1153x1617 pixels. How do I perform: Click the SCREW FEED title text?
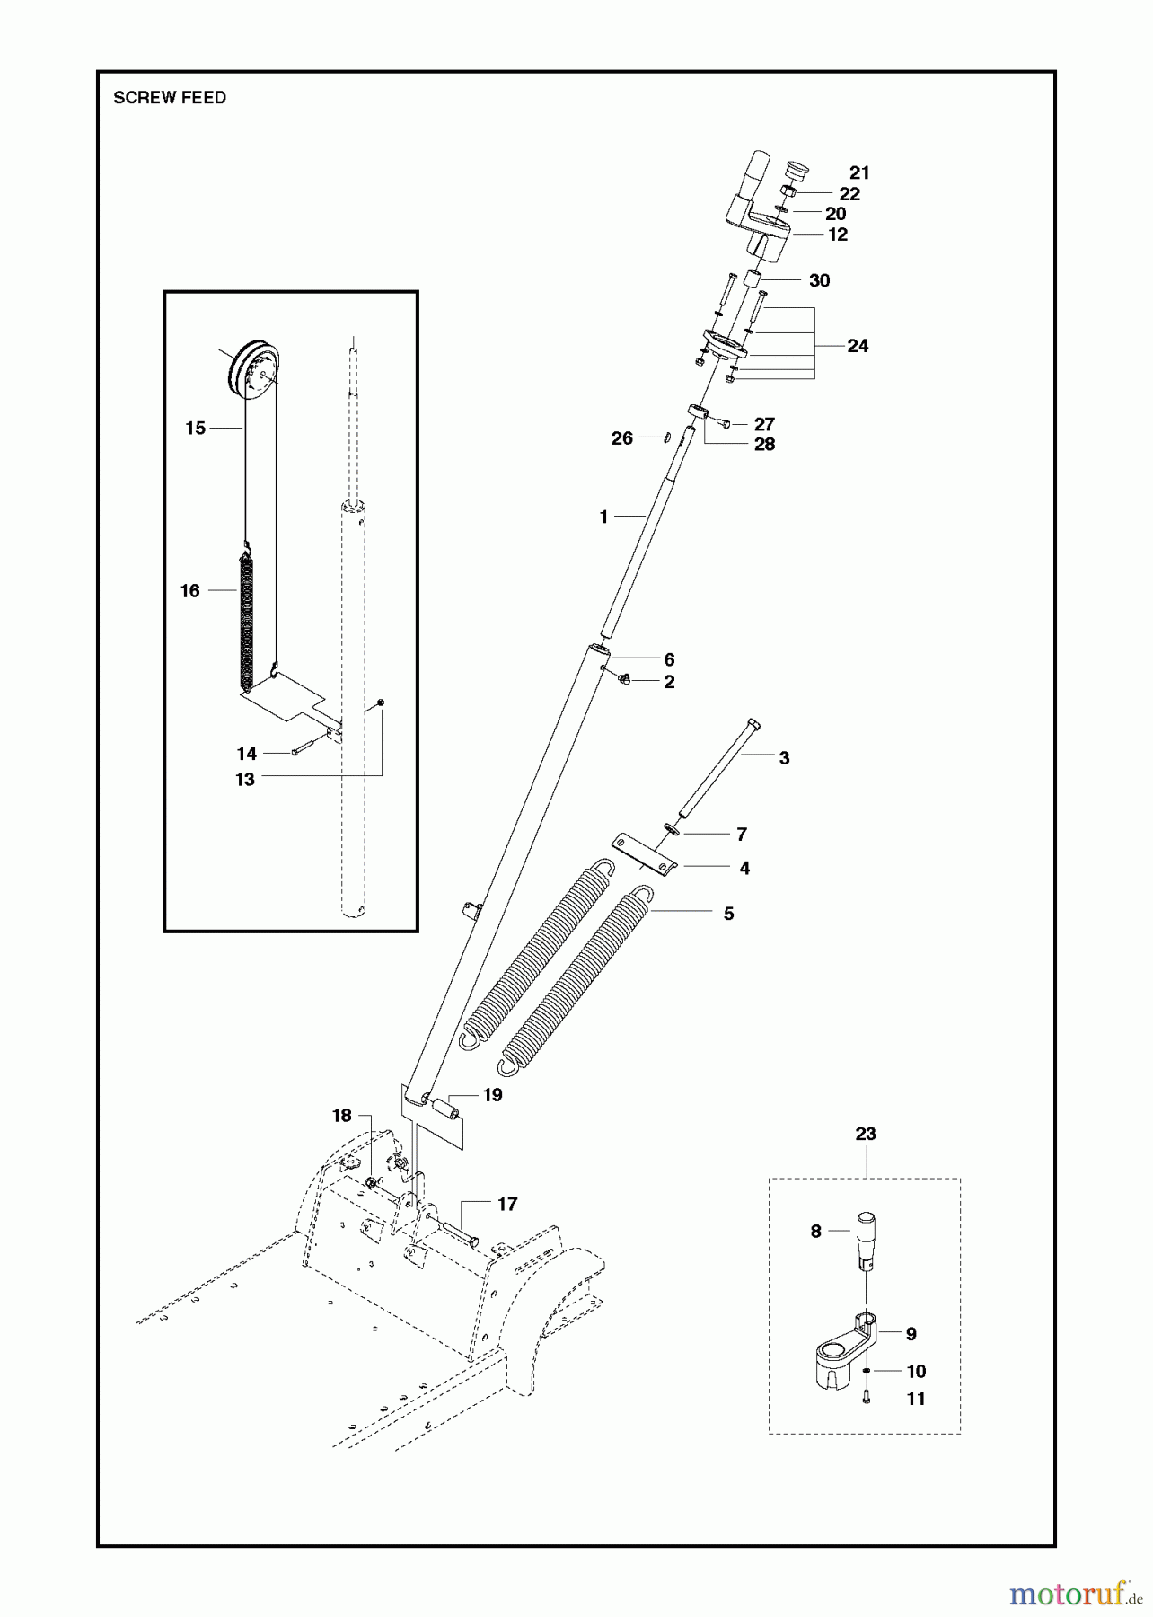(170, 98)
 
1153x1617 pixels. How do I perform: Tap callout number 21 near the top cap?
(859, 172)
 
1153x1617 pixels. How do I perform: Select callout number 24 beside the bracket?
(858, 346)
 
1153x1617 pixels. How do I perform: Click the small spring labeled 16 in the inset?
(247, 611)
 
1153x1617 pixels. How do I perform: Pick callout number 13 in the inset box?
(245, 780)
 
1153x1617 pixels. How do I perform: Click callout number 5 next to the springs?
(728, 914)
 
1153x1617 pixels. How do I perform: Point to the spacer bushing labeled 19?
(445, 1111)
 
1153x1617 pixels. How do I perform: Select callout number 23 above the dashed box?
(865, 1134)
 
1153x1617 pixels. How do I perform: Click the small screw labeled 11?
(867, 1397)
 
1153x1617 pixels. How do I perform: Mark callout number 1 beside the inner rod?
(603, 517)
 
